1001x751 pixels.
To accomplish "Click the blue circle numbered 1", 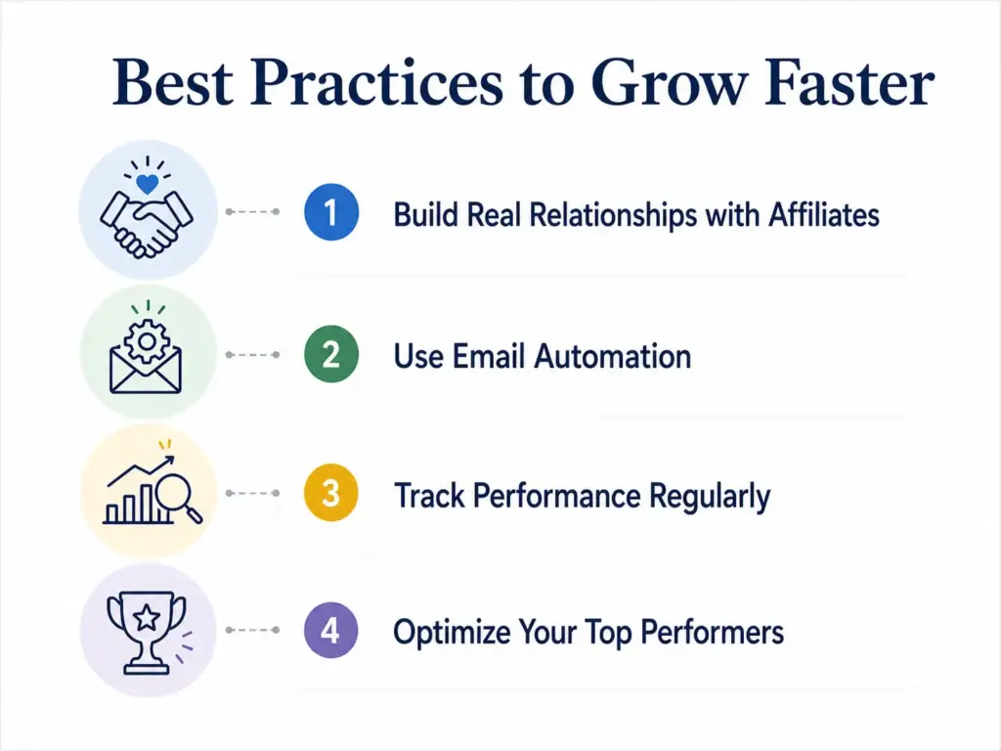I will [331, 212].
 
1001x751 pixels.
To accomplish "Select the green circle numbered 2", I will [331, 354].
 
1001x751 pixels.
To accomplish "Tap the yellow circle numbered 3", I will [331, 493].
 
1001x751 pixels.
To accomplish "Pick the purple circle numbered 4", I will [331, 631].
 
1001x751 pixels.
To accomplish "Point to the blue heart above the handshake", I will [148, 182].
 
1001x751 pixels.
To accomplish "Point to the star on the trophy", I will [146, 617].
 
